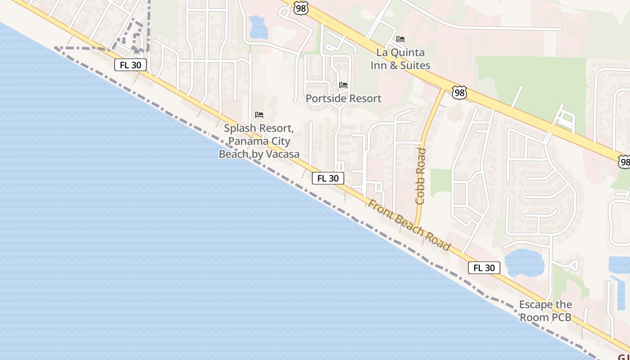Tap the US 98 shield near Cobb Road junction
pos(459,93)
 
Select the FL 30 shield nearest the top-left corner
pos(130,65)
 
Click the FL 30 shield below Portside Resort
pos(328,178)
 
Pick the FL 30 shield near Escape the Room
pos(484,268)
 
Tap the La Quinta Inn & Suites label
pos(400,59)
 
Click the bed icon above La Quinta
pos(400,39)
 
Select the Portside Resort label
pos(343,98)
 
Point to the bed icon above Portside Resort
pos(343,85)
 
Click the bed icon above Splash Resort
pos(259,115)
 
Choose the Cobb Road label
pos(421,176)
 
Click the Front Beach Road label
pos(409,225)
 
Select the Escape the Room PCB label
pos(545,311)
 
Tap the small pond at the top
pos(258,27)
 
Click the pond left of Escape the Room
pos(524,263)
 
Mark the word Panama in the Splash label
pos(246,141)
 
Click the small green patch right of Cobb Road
pos(440,183)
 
